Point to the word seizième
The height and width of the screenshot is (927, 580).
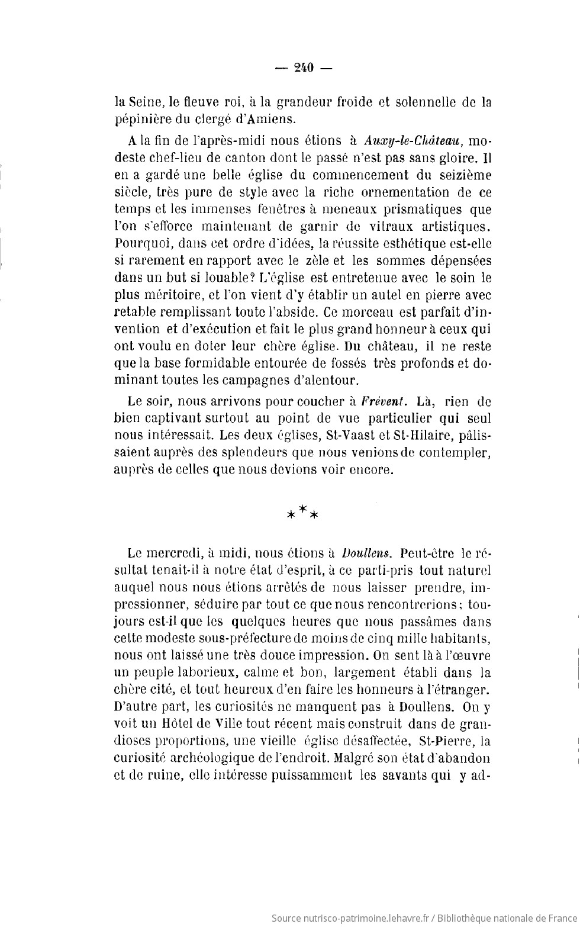coord(462,175)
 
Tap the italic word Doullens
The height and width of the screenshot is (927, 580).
coord(367,554)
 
